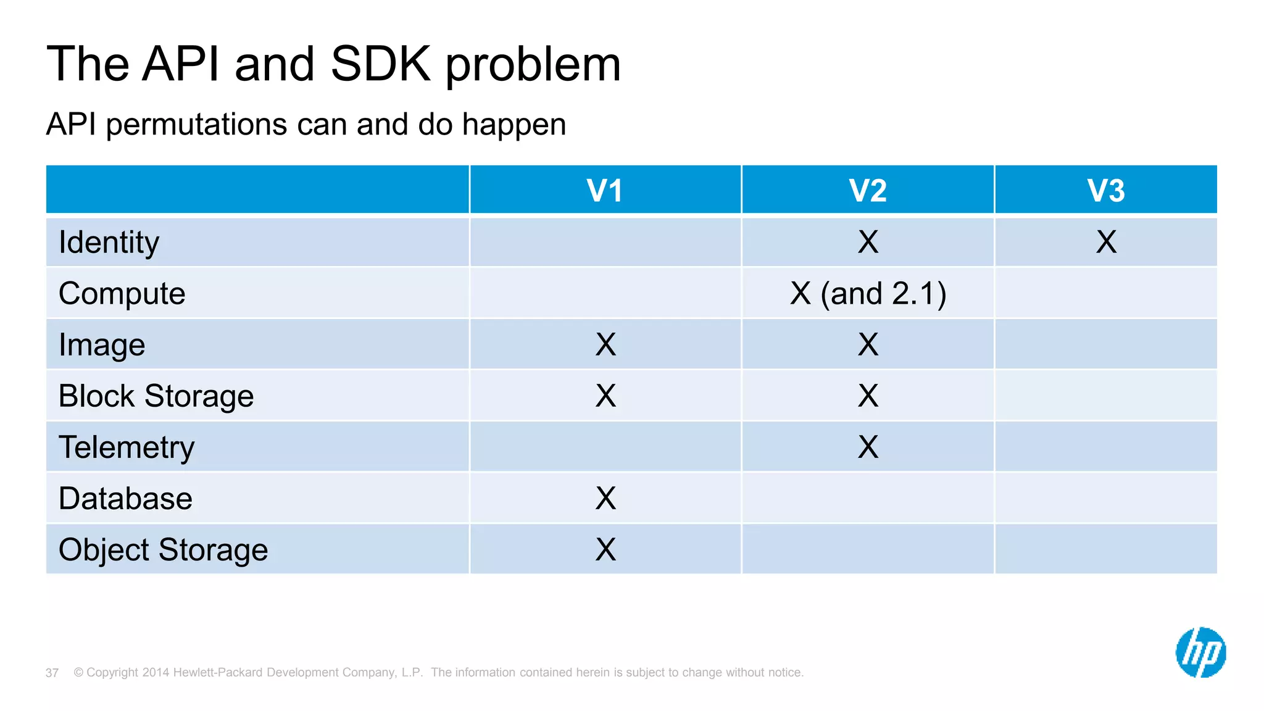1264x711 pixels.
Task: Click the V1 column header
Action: coord(605,190)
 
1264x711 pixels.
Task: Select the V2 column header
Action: coord(868,190)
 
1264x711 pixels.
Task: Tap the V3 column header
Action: coord(1106,190)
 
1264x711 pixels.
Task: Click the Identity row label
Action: coord(109,243)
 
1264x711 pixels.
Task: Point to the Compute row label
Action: coord(122,294)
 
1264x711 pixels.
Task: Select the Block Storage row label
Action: coord(156,396)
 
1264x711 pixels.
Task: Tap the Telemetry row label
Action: coord(127,447)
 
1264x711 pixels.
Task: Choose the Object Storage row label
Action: coord(164,550)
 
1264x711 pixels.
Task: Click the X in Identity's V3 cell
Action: coord(1106,242)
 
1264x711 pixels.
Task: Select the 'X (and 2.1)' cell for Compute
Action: coord(868,293)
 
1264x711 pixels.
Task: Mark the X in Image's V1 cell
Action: coord(605,344)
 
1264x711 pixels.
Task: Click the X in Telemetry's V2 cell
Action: coord(868,447)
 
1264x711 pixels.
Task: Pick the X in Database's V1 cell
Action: coord(605,498)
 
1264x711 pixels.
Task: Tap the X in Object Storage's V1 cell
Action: coord(605,549)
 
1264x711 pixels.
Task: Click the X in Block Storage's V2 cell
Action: coord(868,396)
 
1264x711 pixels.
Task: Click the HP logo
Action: coord(1200,652)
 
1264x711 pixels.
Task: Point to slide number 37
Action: coord(52,673)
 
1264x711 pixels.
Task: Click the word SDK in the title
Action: coord(380,64)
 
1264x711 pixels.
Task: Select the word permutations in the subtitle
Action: coord(196,125)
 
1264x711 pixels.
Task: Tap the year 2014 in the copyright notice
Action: coord(156,673)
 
